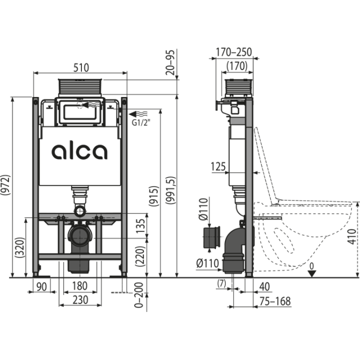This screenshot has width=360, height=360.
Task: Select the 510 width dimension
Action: pos(81,67)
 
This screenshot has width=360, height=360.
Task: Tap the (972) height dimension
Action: pos(5,185)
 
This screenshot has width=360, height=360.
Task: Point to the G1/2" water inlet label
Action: pos(141,123)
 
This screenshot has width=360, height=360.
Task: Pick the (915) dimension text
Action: pos(153,196)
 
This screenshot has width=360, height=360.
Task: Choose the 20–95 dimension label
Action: pos(170,62)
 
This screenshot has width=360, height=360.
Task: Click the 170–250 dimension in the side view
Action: pos(233,52)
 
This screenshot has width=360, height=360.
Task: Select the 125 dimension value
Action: pos(218,166)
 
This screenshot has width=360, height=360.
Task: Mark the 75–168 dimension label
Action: pos(275,301)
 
